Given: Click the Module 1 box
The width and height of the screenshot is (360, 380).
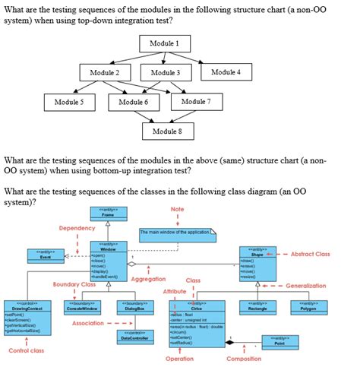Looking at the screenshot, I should [165, 44].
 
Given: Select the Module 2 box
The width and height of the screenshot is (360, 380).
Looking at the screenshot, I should [106, 73].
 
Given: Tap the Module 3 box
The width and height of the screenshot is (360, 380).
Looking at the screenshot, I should [165, 73].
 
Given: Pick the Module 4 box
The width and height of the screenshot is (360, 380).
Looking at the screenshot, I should [226, 72].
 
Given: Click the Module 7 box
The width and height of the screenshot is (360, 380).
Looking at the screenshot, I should [197, 101].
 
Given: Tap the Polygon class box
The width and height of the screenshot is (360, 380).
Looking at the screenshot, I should [308, 307].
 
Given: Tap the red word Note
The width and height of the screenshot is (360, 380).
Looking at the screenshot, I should [177, 209].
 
